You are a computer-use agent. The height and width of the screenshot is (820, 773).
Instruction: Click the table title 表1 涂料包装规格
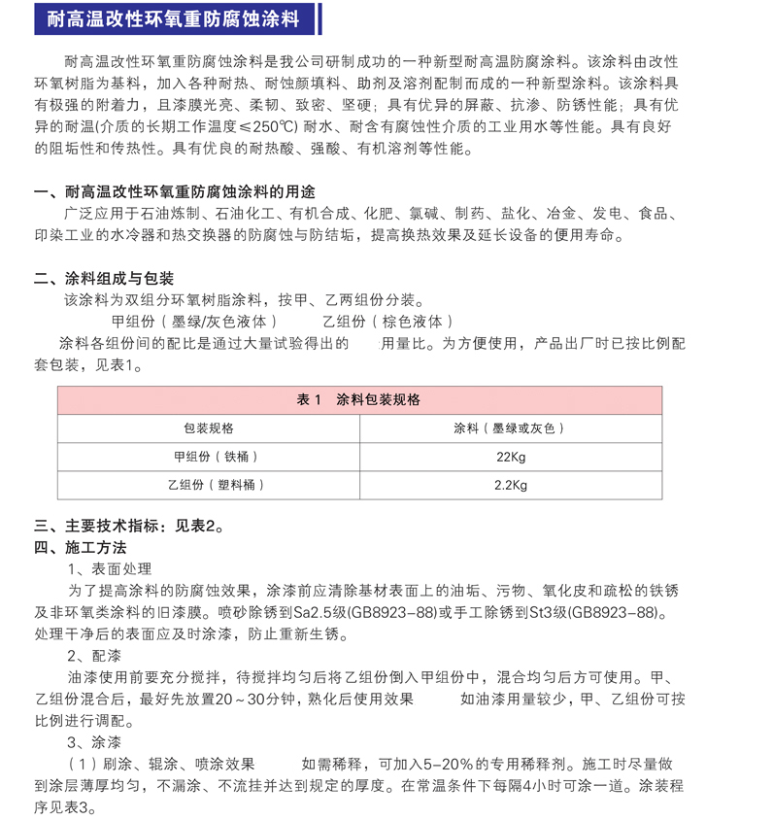(x=358, y=400)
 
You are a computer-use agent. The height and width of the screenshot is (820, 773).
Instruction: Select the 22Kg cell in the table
(x=511, y=457)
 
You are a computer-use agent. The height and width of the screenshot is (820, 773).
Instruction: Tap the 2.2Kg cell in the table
(x=511, y=485)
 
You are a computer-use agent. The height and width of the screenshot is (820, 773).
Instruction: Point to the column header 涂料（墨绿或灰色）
(x=511, y=428)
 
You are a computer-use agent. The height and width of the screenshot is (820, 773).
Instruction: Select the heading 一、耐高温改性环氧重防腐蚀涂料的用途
(x=175, y=191)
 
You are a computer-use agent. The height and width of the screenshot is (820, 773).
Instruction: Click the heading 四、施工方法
(x=87, y=548)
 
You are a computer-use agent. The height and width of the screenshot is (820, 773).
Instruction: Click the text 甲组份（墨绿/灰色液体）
(x=195, y=322)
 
